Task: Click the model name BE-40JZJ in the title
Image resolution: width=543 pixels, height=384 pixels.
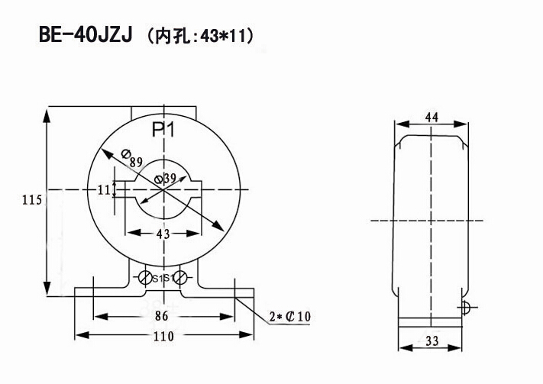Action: pyautogui.click(x=84, y=36)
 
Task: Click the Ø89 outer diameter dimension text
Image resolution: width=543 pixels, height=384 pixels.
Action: pyautogui.click(x=131, y=158)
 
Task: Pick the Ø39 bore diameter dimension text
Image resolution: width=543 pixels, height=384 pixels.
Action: pyautogui.click(x=165, y=179)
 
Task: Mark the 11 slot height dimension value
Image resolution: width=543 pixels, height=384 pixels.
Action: pyautogui.click(x=104, y=189)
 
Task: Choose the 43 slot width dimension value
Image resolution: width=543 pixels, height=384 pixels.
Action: pyautogui.click(x=162, y=234)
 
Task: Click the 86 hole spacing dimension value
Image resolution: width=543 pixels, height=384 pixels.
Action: pyautogui.click(x=160, y=315)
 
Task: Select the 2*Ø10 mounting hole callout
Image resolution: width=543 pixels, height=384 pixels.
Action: pyautogui.click(x=291, y=316)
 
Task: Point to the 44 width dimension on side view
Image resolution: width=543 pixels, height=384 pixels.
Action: pyautogui.click(x=431, y=117)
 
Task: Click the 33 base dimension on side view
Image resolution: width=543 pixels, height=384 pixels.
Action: pyautogui.click(x=431, y=342)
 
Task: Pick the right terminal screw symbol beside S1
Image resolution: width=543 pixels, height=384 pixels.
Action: pyautogui.click(x=181, y=278)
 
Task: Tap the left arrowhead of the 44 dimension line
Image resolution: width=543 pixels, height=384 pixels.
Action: pyautogui.click(x=398, y=123)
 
